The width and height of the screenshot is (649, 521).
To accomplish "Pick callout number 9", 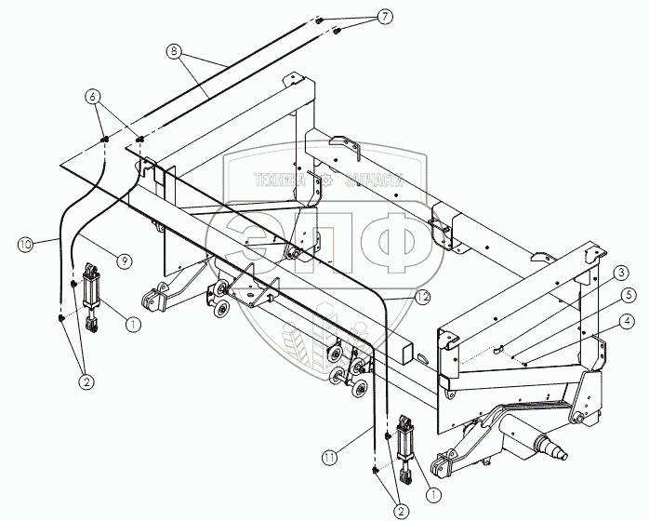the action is pos(121,254).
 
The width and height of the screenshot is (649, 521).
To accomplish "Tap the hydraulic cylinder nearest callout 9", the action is pos(93,296).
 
